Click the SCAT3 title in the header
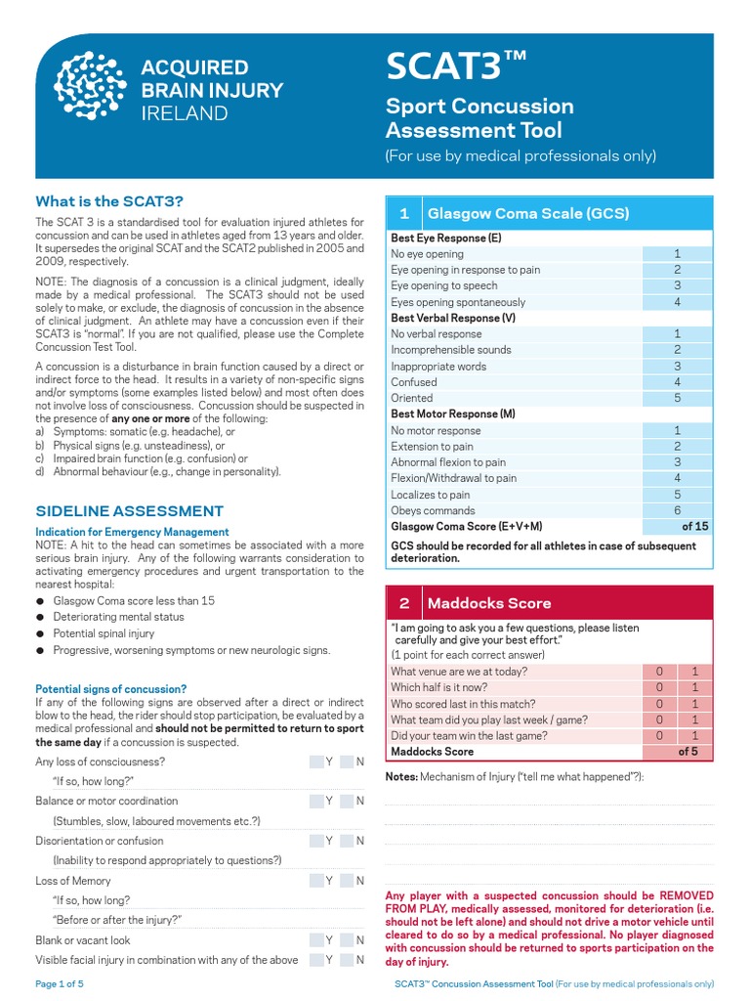click(x=456, y=67)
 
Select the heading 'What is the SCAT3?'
click(x=109, y=201)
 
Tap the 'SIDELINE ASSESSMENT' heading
click(x=130, y=511)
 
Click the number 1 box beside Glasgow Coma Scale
click(x=403, y=213)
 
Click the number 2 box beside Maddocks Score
click(x=403, y=603)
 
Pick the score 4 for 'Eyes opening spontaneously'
click(x=677, y=302)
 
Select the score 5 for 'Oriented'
click(x=677, y=398)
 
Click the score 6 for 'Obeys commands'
click(x=677, y=510)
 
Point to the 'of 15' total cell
click(x=677, y=526)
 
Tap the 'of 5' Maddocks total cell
click(x=677, y=752)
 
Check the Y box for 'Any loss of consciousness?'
click(x=318, y=762)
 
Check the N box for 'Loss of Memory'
click(x=350, y=881)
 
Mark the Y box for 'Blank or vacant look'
click(x=318, y=940)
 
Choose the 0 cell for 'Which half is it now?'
click(x=659, y=687)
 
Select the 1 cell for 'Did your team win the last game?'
click(x=694, y=735)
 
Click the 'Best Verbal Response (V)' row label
click(x=453, y=318)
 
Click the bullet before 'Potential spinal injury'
click(x=40, y=633)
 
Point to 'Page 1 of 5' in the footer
click(x=60, y=984)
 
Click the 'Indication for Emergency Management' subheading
click(x=132, y=532)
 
